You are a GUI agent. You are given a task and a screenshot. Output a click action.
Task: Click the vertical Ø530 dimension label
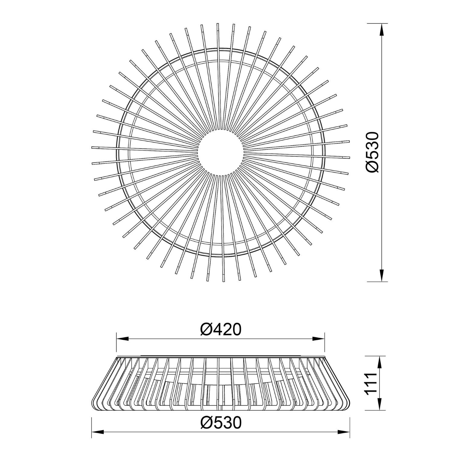point(371,152)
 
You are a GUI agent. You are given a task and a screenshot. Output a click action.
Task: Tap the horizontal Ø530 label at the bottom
point(221,422)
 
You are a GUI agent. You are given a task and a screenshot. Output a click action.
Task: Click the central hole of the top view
point(220,153)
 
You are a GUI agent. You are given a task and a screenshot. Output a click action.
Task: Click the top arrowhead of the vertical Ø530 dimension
point(382,29)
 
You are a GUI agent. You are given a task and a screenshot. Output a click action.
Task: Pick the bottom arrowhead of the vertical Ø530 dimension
point(382,276)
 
